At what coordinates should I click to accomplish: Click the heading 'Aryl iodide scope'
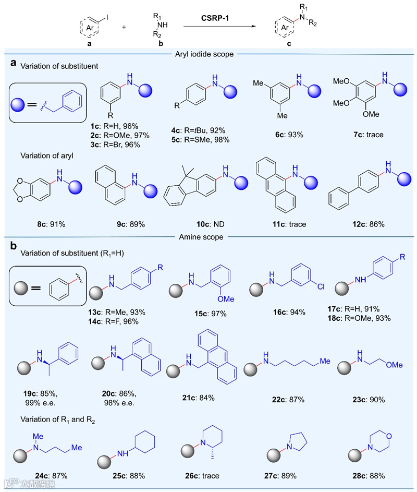(x=208, y=53)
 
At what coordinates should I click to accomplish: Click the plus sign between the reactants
(x=124, y=26)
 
